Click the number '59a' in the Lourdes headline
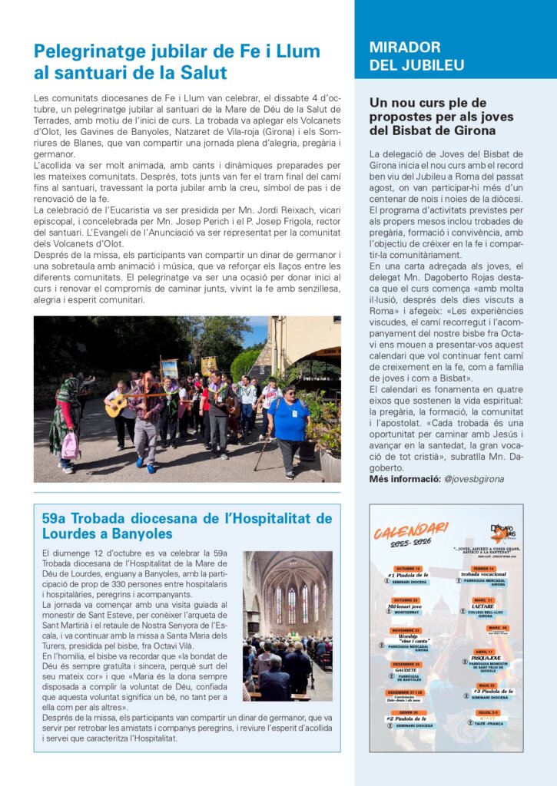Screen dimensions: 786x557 click(x=56, y=518)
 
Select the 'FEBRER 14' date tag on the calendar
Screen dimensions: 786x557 click(x=482, y=569)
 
